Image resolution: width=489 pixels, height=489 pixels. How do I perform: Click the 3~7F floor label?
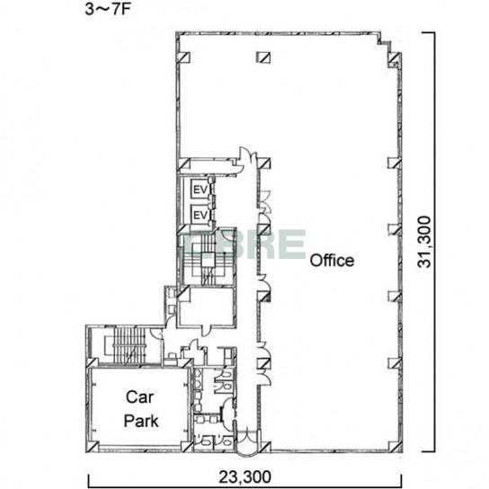tap(107, 9)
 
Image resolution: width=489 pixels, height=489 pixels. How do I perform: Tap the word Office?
tap(332, 261)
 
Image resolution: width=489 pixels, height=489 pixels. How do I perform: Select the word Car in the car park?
tap(139, 397)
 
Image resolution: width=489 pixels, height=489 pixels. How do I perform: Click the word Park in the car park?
tap(141, 421)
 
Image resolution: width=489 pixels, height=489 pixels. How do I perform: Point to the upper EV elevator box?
tap(200, 190)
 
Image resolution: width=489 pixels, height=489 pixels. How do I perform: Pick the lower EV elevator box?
tap(200, 215)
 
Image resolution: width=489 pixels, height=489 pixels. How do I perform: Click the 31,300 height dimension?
tap(424, 242)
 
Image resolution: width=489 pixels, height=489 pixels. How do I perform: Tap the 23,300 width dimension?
tap(244, 476)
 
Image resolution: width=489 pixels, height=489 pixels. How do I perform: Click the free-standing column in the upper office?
tap(263, 58)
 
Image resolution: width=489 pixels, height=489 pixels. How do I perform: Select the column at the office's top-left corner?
tap(183, 58)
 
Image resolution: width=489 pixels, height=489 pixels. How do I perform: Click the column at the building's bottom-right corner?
tap(396, 447)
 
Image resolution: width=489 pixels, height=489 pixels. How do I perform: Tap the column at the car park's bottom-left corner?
tap(93, 447)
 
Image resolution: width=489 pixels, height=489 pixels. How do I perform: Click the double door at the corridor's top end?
tap(247, 160)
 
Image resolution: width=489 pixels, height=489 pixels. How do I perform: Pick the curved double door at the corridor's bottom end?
tap(247, 442)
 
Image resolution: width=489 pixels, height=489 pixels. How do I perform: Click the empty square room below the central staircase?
tap(207, 307)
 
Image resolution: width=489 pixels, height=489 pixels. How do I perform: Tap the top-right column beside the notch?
tap(395, 58)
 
